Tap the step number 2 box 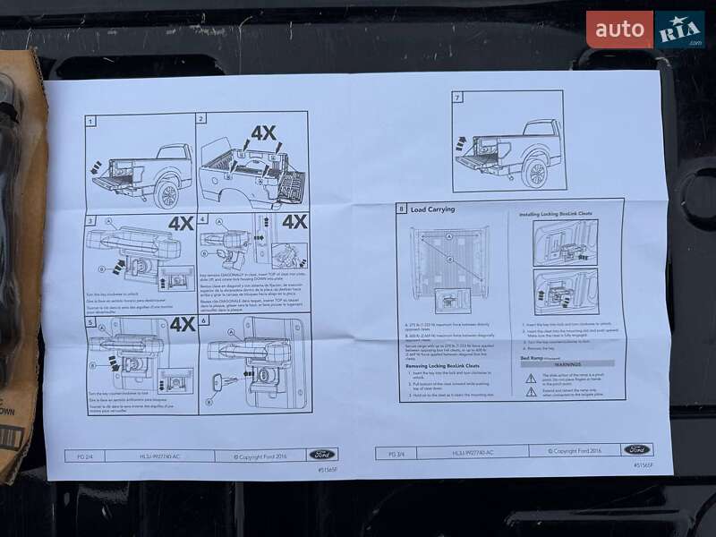pos(202,118)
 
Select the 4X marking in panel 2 pos(263,133)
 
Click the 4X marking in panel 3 pos(181,224)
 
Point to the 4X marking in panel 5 pos(183,324)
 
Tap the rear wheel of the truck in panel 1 pos(166,192)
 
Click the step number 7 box pos(457,98)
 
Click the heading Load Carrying pos(432,209)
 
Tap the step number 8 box pos(401,209)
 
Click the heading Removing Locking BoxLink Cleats pos(440,366)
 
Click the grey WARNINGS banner pos(567,364)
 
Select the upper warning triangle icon pos(531,379)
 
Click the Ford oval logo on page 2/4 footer pos(323,454)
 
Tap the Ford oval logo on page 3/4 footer pos(636,449)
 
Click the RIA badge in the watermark pos(679,30)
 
